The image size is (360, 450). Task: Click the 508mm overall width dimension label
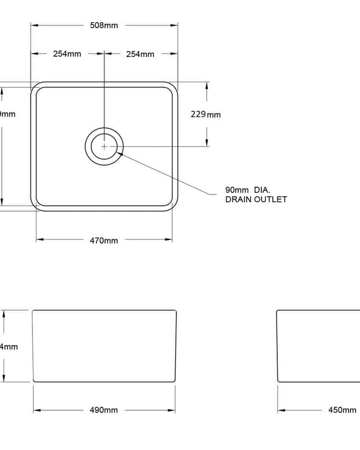pyautogui.click(x=104, y=25)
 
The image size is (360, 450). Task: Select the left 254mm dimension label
pyautogui.click(x=67, y=54)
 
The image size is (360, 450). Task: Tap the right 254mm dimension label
pyautogui.click(x=140, y=54)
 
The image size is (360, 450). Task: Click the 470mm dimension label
pyautogui.click(x=104, y=240)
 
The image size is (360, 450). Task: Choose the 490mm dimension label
pyautogui.click(x=104, y=410)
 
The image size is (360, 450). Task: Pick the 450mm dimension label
pyautogui.click(x=342, y=410)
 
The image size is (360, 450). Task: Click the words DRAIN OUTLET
pyautogui.click(x=256, y=199)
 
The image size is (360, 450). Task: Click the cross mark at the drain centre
pyautogui.click(x=104, y=146)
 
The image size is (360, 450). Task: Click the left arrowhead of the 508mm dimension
pyautogui.click(x=35, y=25)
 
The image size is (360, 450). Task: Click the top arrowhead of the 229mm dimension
pyautogui.click(x=207, y=85)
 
